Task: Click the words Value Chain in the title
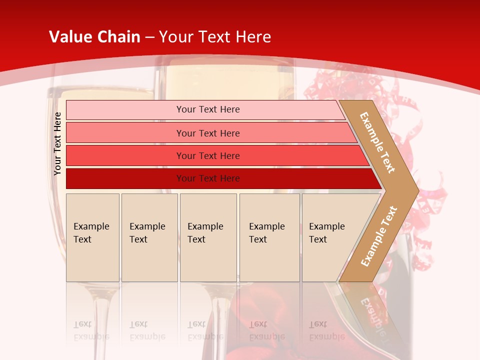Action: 94,37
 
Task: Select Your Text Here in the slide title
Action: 215,37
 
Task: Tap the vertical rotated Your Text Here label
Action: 57,143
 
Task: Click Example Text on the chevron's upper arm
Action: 377,142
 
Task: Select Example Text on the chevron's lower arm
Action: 379,236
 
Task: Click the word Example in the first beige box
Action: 91,226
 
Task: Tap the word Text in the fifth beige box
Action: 317,239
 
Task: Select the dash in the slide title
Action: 149,37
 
